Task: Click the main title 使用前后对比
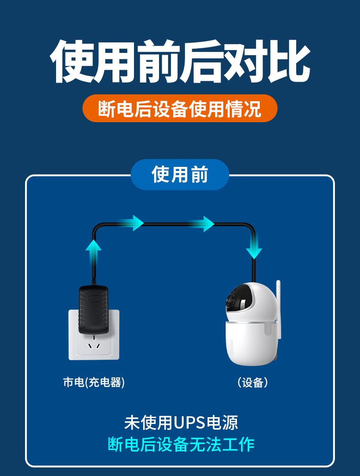pyautogui.click(x=180, y=62)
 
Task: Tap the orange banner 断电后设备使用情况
pyautogui.click(x=180, y=109)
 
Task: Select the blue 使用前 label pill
pyautogui.click(x=180, y=175)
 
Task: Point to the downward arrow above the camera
pyautogui.click(x=254, y=246)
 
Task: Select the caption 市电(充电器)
pyautogui.click(x=94, y=383)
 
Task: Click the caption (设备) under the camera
pyautogui.click(x=253, y=383)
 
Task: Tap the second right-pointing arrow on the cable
pyautogui.click(x=203, y=223)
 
